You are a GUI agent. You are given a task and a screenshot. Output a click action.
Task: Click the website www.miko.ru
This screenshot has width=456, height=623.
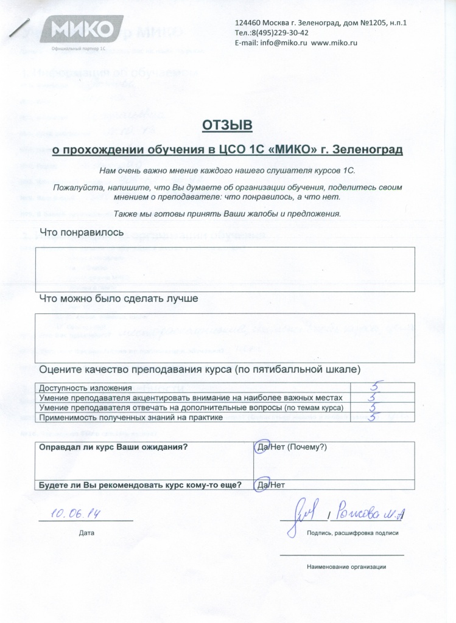(x=334, y=43)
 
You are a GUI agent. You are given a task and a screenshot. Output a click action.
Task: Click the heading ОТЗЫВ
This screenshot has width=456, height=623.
(x=226, y=125)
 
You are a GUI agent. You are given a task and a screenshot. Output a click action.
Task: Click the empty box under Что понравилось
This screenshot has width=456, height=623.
(x=226, y=266)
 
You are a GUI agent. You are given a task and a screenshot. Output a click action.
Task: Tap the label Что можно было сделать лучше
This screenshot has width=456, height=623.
(x=119, y=299)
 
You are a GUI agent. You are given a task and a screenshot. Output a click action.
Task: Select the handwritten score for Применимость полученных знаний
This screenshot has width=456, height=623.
(x=376, y=417)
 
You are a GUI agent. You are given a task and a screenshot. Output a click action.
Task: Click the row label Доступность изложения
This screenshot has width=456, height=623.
(x=85, y=388)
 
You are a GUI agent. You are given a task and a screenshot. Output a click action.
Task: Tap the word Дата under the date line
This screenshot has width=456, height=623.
(x=86, y=533)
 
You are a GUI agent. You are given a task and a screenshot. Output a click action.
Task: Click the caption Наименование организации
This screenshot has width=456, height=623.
(x=346, y=567)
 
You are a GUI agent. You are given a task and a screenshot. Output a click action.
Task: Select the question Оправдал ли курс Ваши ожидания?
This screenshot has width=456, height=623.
(x=113, y=447)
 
